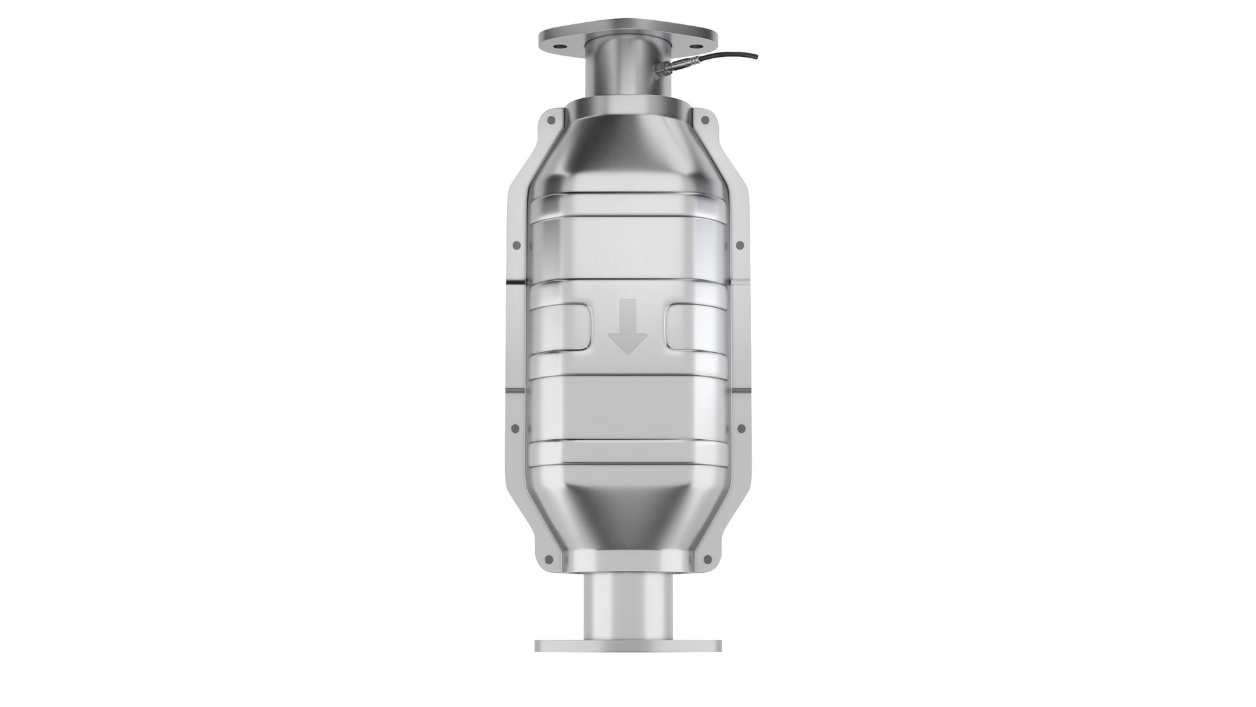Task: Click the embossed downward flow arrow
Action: pos(627,326)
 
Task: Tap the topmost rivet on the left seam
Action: pos(550,120)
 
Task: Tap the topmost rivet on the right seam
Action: pos(705,120)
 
